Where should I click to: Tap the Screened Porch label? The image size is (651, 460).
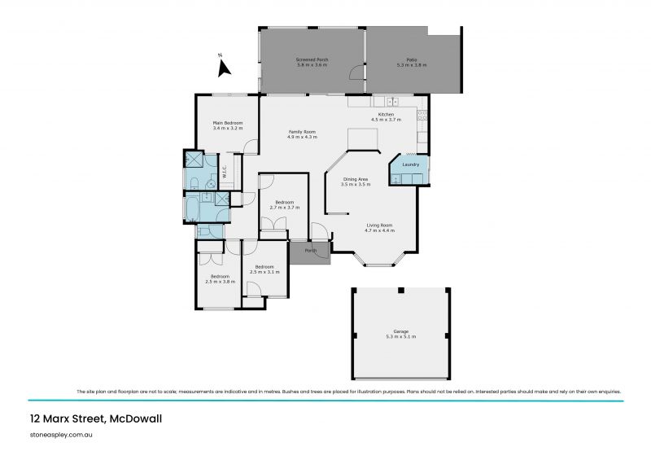coord(311,60)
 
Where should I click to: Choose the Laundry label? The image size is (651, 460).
coord(410,164)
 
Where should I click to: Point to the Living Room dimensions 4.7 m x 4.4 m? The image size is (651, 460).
coord(379,230)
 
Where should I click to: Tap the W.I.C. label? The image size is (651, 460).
coord(225,173)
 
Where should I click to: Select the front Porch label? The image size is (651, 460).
coord(310,250)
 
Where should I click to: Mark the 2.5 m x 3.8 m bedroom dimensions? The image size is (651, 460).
coord(217,282)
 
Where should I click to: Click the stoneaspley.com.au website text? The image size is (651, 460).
coord(61,436)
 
